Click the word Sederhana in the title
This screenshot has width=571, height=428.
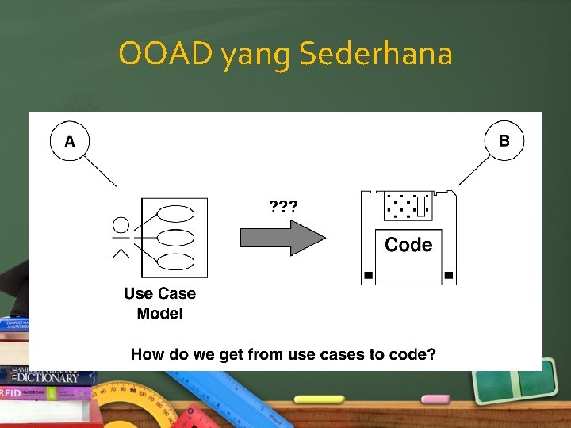coord(377,54)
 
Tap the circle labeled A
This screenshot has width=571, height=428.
coord(70,142)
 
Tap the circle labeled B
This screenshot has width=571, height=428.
coord(504,141)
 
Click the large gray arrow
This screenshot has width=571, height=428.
coord(282,238)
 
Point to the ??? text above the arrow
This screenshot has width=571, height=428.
coord(283,208)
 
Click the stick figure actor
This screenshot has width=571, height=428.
coord(121,237)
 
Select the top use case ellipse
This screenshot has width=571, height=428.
coord(176,213)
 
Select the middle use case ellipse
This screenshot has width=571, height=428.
coord(176,237)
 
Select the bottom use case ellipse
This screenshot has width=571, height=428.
coord(176,262)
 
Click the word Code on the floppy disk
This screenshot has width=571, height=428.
coord(408,245)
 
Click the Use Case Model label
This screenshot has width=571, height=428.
coord(159,303)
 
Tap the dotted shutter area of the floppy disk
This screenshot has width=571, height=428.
coord(408,206)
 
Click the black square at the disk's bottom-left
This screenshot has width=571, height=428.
coord(368,276)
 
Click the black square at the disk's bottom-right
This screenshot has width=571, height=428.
coord(449,276)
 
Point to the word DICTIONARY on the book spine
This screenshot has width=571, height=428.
coord(55,378)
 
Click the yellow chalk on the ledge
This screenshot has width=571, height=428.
coord(318,399)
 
